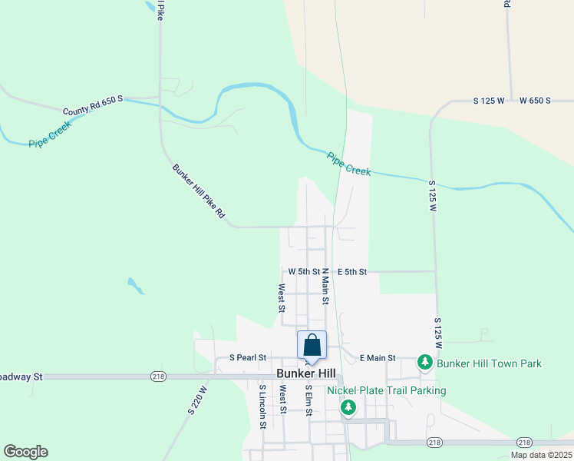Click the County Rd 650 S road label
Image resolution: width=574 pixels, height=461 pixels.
(93, 105)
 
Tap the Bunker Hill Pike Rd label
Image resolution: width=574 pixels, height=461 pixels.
(198, 191)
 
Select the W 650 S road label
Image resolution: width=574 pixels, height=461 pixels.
(535, 101)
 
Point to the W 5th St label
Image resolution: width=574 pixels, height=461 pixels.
(304, 271)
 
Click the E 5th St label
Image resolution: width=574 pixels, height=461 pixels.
(352, 271)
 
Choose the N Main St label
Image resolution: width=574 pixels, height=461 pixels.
(325, 287)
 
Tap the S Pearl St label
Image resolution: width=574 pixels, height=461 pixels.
(248, 357)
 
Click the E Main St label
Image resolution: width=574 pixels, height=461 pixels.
(377, 357)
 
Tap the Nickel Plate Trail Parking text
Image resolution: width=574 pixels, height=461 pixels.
(386, 390)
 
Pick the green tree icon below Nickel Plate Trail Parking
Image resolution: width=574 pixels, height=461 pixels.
(348, 406)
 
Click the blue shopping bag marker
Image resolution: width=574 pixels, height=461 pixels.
(312, 345)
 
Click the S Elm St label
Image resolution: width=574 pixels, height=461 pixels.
(308, 400)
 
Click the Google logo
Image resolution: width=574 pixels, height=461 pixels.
(25, 452)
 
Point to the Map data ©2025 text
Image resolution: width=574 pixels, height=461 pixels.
(540, 455)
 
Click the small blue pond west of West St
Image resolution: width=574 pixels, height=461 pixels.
(136, 286)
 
